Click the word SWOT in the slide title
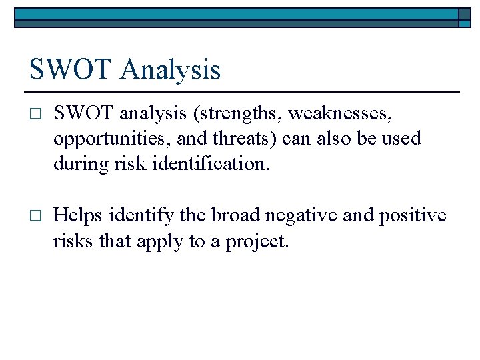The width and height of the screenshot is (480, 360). (x=67, y=69)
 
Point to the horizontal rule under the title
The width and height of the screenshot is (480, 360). (x=244, y=91)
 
